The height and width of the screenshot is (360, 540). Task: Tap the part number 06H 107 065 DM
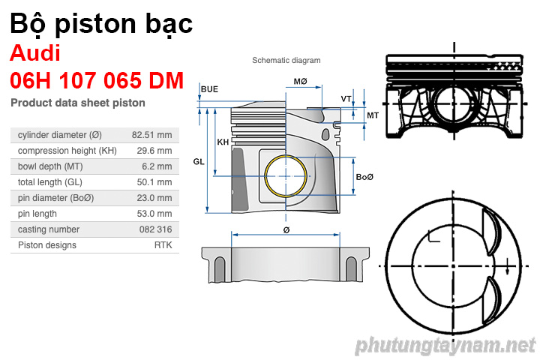[x=97, y=80]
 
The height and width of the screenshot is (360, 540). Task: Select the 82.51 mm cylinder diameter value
[x=151, y=135]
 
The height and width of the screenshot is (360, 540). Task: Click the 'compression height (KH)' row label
[x=67, y=151]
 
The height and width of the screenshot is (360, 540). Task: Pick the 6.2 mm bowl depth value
[x=157, y=166]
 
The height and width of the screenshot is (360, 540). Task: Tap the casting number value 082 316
[x=155, y=229]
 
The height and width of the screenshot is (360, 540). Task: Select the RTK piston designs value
[x=163, y=245]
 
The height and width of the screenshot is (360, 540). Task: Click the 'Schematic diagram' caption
[x=286, y=61]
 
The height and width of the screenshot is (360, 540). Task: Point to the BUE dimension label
[x=209, y=89]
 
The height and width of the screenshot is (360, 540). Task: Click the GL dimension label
[x=199, y=161]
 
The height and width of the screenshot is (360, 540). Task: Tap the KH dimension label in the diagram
[x=223, y=142]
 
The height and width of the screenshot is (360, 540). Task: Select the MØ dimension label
[x=301, y=81]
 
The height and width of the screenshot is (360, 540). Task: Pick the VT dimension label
[x=346, y=99]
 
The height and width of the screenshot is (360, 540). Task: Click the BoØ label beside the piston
[x=364, y=177]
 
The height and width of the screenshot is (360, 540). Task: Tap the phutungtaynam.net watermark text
[x=445, y=346]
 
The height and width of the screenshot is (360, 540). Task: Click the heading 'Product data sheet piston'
[x=78, y=103]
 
